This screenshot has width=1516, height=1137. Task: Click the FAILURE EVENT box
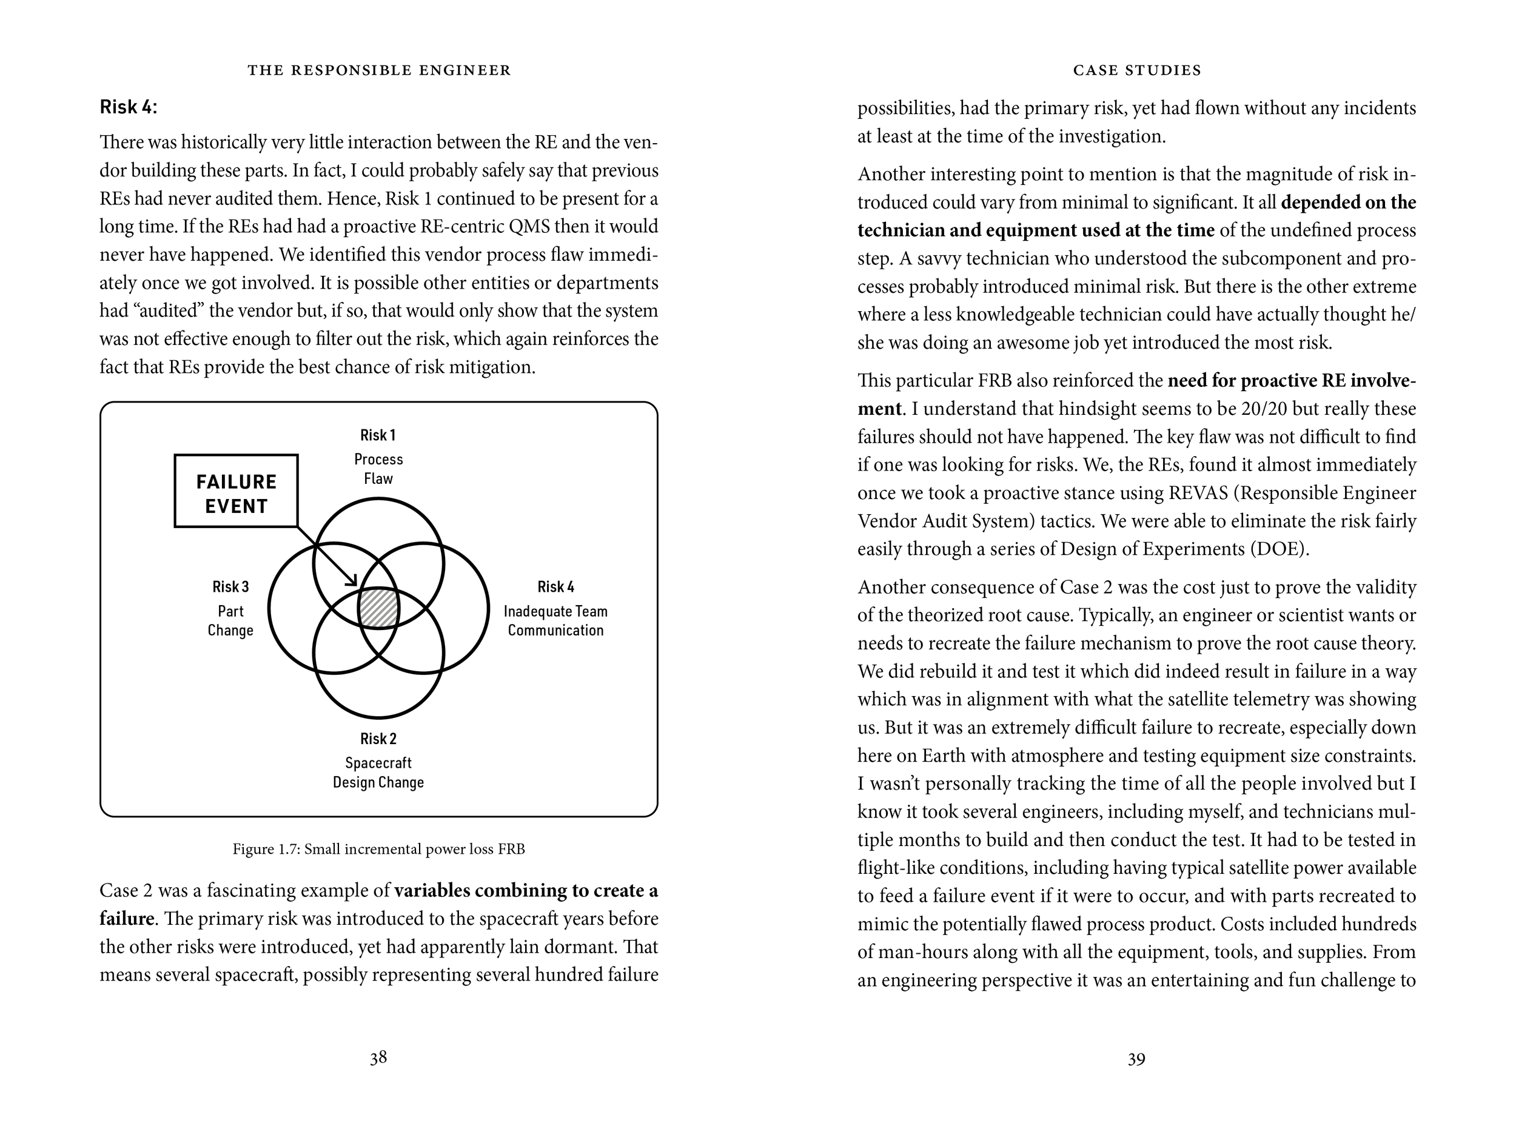[236, 491]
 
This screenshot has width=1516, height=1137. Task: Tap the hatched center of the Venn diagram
[378, 607]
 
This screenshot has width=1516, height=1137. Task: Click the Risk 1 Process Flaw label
[378, 457]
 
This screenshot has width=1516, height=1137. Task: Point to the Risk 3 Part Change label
[230, 609]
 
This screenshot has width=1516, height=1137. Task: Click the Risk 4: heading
[128, 107]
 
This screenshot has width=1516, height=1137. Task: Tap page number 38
[378, 1058]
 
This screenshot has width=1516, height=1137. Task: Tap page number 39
[1136, 1059]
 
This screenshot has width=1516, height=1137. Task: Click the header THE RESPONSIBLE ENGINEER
[379, 70]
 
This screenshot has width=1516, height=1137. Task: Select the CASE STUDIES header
[1137, 70]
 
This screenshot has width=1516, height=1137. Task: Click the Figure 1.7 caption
[378, 849]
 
